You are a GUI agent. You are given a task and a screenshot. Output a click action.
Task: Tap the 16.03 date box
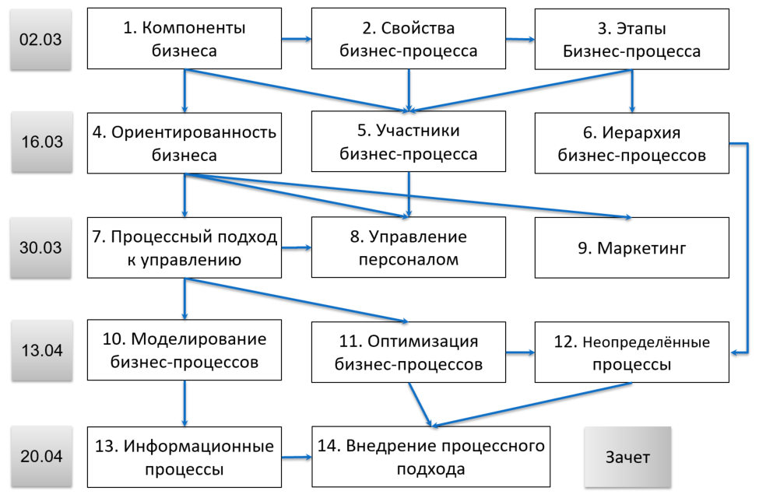click(40, 143)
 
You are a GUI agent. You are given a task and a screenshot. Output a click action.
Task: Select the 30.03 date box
click(40, 247)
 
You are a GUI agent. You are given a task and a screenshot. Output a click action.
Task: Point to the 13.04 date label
click(40, 350)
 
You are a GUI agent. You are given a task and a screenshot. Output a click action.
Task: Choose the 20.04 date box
click(40, 456)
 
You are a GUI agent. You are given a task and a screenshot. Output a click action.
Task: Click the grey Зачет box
click(627, 457)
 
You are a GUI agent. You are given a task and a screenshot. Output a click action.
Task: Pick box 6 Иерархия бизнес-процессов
click(631, 143)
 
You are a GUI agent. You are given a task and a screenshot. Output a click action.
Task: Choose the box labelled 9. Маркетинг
click(631, 248)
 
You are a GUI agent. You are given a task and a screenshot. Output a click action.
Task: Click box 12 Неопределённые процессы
click(631, 352)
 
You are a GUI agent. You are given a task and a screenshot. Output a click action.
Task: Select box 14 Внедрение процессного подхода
click(430, 458)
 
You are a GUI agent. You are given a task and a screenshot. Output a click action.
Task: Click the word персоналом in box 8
click(408, 259)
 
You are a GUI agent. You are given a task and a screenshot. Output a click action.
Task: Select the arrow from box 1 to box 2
click(296, 38)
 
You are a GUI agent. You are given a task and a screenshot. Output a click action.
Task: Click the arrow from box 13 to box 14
click(296, 458)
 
